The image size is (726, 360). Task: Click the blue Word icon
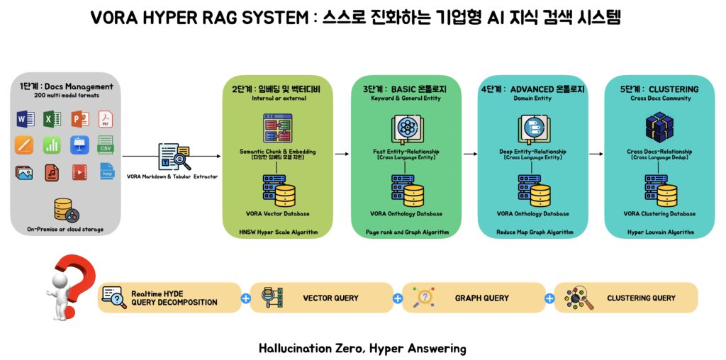pos(25,119)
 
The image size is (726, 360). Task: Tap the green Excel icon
pos(52,119)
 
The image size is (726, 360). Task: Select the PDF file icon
pos(106,119)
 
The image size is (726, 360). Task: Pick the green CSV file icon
pos(106,145)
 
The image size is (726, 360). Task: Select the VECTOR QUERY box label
pos(330,298)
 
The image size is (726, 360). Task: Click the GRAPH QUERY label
pos(482,298)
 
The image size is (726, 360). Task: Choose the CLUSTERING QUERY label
pos(641,298)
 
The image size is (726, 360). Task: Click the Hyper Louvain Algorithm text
pos(660,232)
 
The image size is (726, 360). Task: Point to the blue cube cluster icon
pos(659,128)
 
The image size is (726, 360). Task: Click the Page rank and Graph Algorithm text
pos(407,232)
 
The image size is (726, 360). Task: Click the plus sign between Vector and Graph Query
pos(398,298)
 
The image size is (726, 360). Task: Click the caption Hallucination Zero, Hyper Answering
pos(362,348)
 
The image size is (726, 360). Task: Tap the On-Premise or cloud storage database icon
pos(65,210)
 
